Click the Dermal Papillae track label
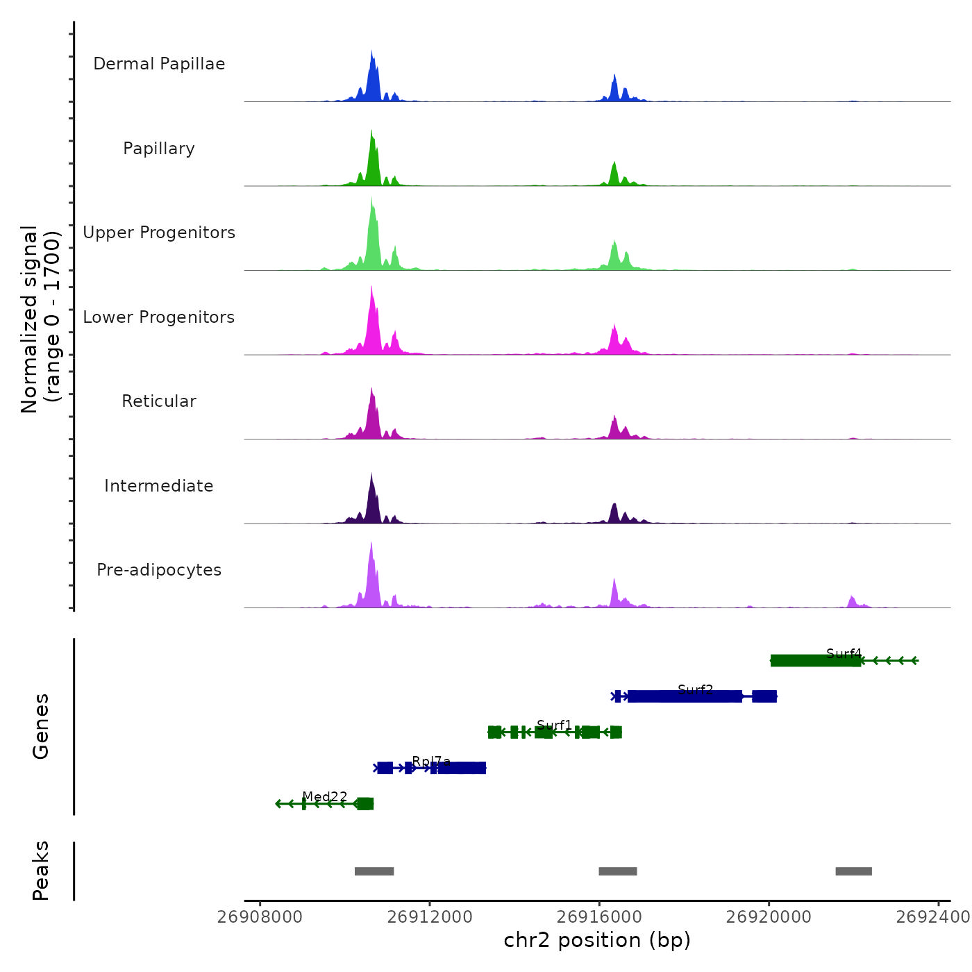(159, 64)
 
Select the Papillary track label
(159, 149)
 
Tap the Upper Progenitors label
(159, 233)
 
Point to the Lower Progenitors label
(159, 317)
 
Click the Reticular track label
(159, 401)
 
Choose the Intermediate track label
(159, 486)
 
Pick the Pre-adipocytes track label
(159, 570)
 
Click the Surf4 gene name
(844, 654)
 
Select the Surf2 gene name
(695, 689)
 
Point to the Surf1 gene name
(554, 726)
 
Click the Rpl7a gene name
(431, 762)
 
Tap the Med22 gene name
(324, 797)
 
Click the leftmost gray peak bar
(374, 871)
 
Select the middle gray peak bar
(618, 871)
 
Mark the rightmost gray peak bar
(853, 871)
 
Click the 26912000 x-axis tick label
(430, 917)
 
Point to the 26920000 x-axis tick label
(769, 917)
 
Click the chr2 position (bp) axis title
(597, 941)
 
